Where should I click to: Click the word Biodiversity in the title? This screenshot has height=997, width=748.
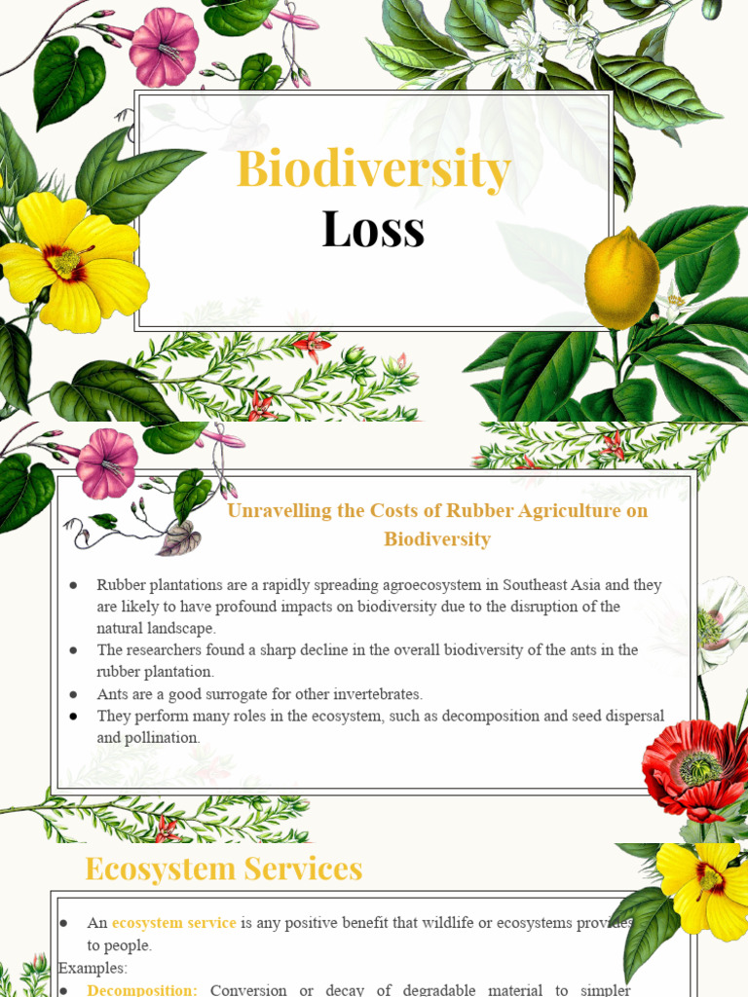(x=373, y=170)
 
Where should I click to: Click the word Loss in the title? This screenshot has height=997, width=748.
(x=373, y=230)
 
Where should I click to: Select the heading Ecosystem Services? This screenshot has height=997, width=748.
(x=224, y=868)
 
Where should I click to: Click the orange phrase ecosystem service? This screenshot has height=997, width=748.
(x=173, y=922)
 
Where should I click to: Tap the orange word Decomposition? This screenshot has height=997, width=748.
(x=142, y=989)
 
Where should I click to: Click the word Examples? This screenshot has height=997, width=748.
(x=93, y=968)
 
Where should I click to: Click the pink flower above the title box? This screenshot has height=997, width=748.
(x=164, y=47)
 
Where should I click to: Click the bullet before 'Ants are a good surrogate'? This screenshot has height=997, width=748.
(x=73, y=694)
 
